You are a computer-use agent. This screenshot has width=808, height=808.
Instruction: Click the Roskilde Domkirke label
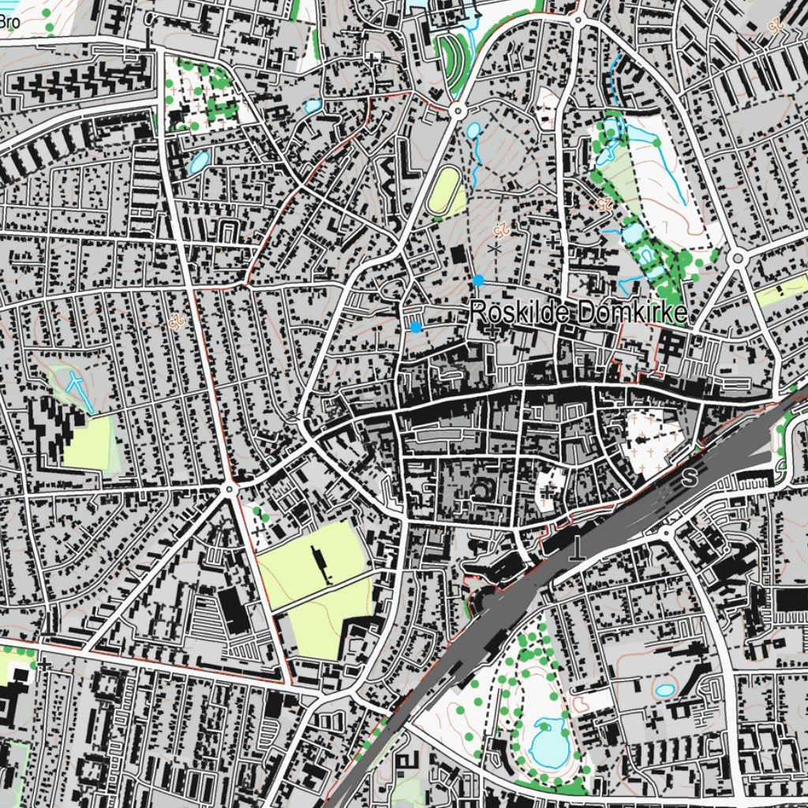[x=579, y=312]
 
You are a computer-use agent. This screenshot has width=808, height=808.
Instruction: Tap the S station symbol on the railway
[x=691, y=477]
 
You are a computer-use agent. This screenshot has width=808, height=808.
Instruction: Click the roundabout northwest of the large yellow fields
[x=230, y=490]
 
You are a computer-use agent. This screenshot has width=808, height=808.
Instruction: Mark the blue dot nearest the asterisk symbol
[x=478, y=280]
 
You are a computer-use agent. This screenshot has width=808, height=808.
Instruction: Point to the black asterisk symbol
[x=495, y=249]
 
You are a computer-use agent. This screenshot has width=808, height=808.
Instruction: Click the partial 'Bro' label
[x=9, y=22]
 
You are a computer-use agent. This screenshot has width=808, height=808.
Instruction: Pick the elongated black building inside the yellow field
[x=319, y=563]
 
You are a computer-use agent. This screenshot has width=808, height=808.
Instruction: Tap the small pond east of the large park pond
[x=665, y=690]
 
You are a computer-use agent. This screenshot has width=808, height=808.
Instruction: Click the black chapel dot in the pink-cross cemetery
[x=645, y=436]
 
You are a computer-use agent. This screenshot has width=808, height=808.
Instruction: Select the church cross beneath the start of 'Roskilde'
[x=493, y=331]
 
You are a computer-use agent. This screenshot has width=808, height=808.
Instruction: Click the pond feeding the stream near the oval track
[x=473, y=131]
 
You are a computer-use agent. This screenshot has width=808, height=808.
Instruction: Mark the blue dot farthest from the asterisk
[x=415, y=327]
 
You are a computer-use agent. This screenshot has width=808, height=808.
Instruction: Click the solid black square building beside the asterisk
[x=458, y=256]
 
